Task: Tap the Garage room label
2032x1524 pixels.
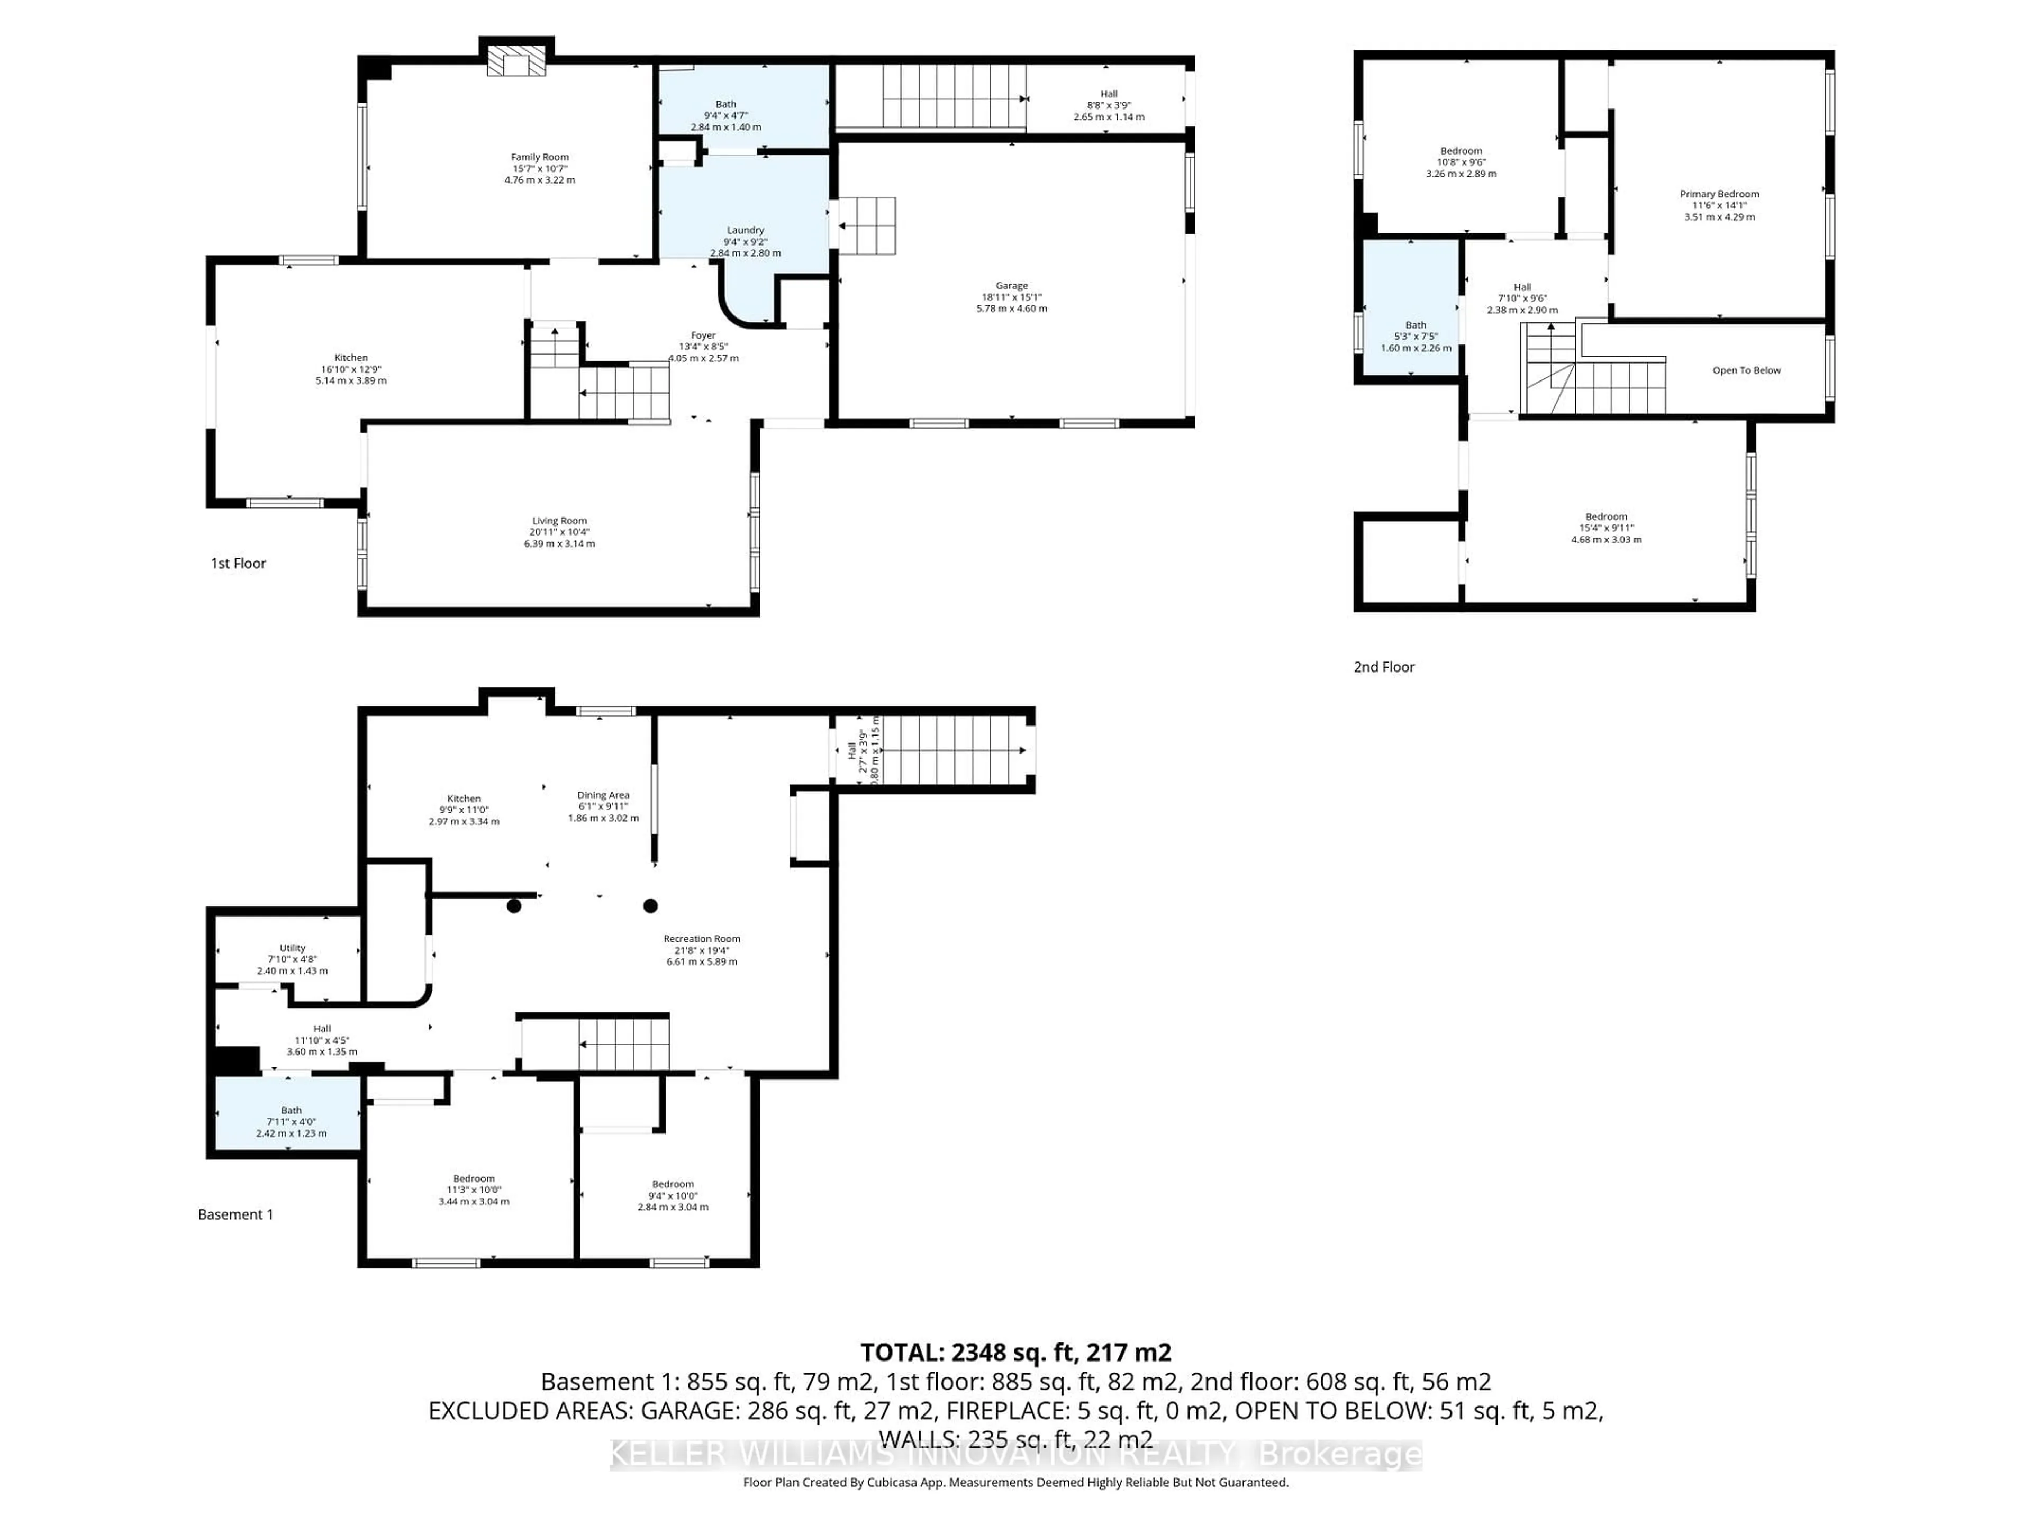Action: point(1011,286)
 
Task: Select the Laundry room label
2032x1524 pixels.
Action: point(745,231)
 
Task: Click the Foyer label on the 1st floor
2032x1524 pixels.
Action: point(703,335)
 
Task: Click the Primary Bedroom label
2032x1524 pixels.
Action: point(1719,194)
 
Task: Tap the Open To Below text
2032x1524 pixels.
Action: point(1745,370)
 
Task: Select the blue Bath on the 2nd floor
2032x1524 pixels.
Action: point(1411,308)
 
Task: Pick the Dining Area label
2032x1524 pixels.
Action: point(603,795)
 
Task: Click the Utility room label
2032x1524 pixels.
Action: point(292,948)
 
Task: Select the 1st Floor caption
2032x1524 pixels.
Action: point(238,563)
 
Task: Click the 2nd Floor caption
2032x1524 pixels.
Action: point(1383,667)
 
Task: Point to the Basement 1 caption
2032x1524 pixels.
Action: point(235,1214)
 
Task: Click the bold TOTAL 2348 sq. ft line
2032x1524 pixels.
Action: point(1015,1352)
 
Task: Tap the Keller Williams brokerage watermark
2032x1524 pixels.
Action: point(1015,1454)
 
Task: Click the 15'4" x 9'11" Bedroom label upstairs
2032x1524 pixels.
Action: point(1606,517)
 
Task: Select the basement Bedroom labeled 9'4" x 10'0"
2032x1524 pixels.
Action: point(673,1184)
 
